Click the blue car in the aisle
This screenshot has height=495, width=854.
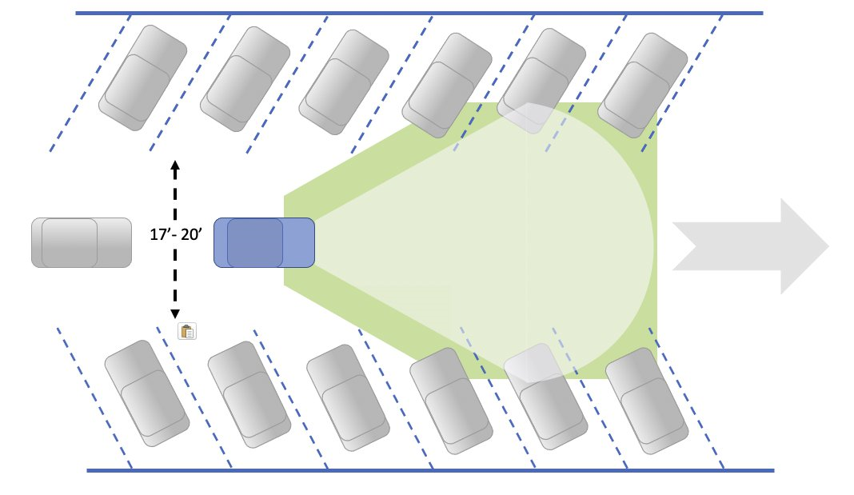[264, 243]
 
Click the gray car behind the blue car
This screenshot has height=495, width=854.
[81, 243]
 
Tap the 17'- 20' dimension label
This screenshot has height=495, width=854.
[176, 234]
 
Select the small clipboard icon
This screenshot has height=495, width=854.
[187, 331]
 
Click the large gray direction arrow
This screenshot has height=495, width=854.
[751, 246]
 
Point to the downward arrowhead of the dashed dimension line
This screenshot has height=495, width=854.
[175, 313]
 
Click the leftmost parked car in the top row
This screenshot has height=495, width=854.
[142, 78]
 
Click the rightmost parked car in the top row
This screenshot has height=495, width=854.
[643, 85]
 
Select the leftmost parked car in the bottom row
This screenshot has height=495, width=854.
[147, 393]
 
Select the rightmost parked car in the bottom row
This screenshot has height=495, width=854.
[647, 401]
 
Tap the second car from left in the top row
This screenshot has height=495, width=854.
[245, 79]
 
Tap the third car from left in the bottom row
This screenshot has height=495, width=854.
[348, 397]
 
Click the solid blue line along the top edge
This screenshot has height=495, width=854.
[419, 13]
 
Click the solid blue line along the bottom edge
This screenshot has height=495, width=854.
[430, 470]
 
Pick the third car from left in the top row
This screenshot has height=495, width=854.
[344, 82]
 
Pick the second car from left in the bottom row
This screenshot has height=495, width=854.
[249, 395]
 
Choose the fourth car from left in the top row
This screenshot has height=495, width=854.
[447, 86]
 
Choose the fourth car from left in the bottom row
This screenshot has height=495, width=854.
[452, 401]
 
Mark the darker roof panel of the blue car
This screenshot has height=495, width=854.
[255, 243]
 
